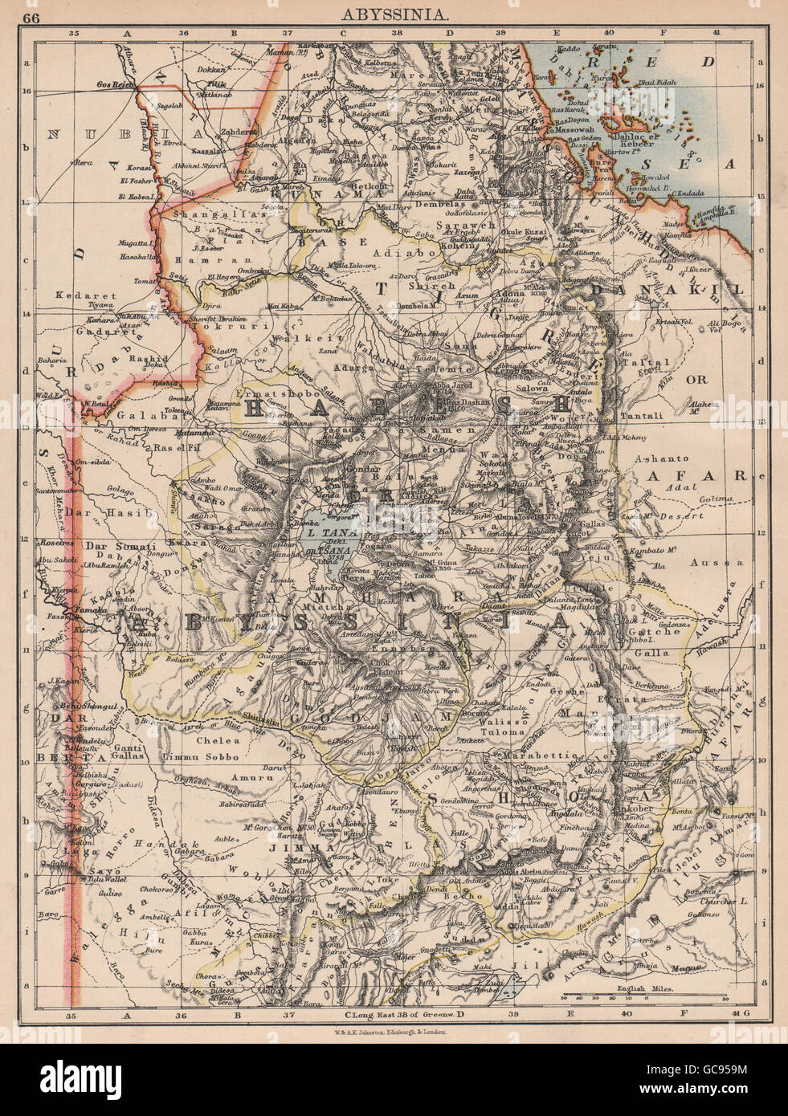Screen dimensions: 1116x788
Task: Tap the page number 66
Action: (x=35, y=14)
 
